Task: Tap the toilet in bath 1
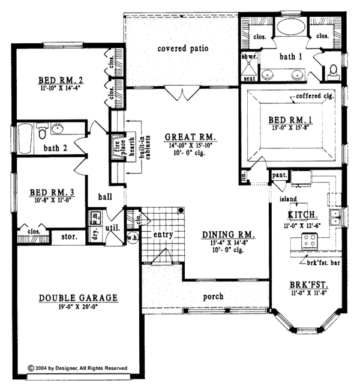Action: (333, 72)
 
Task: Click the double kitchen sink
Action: (337, 217)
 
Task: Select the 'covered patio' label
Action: (182, 49)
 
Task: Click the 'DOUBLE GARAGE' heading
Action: (79, 298)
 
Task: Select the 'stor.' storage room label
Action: (68, 237)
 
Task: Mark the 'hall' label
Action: (106, 196)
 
